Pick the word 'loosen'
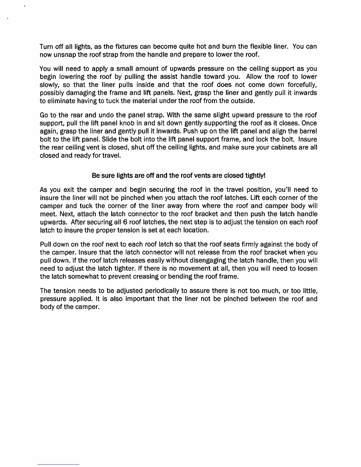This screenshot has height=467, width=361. pyautogui.click(x=308, y=269)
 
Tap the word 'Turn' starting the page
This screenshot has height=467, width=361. pyautogui.click(x=46, y=47)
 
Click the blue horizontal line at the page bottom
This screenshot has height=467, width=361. pyautogui.click(x=58, y=464)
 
